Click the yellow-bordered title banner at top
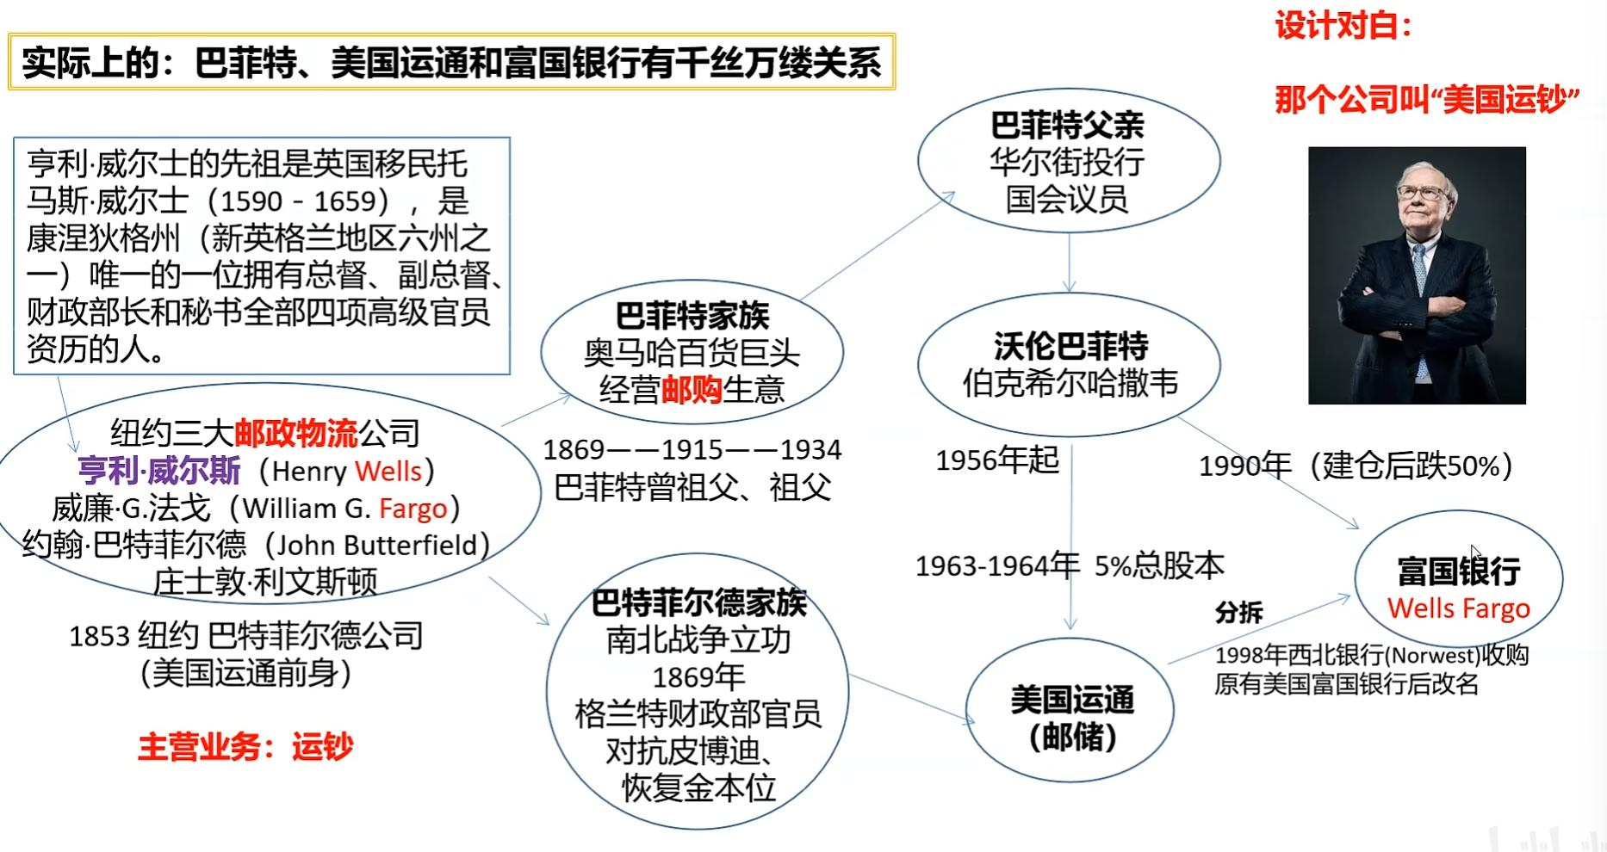[x=452, y=62]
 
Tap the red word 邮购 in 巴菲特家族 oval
[x=692, y=390]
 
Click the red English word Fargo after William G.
[x=413, y=509]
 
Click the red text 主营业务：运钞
[x=245, y=746]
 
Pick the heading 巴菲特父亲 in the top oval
[x=1068, y=126]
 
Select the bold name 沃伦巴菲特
[x=1070, y=346]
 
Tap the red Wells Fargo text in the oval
[x=1459, y=608]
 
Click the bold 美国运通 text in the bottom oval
[x=1072, y=700]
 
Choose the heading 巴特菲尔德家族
[x=698, y=602]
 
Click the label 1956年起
[x=997, y=460]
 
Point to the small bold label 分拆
[x=1238, y=612]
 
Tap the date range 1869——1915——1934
[x=692, y=449]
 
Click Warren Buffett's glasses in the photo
[x=1420, y=192]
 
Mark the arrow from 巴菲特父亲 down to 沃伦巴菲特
[x=1070, y=262]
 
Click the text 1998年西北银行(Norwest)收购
[x=1372, y=656]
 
